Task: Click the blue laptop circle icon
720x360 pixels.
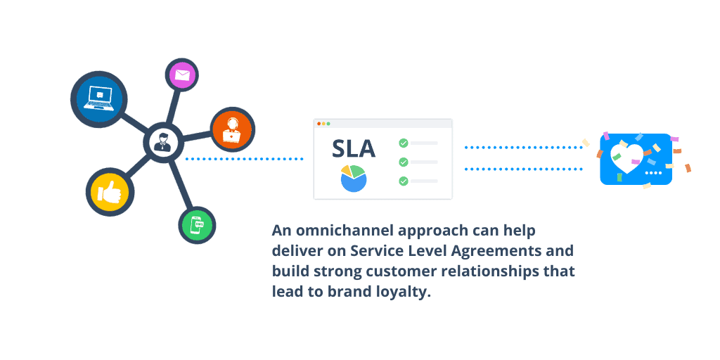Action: [x=98, y=99]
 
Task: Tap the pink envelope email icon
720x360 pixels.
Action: [x=182, y=75]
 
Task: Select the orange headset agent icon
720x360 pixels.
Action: [x=232, y=129]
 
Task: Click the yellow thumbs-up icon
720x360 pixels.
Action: [x=110, y=191]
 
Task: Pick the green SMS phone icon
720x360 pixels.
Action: [x=197, y=226]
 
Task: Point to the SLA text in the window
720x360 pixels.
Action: [x=354, y=149]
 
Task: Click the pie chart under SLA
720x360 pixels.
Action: [x=353, y=179]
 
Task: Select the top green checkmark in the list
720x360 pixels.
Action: [x=404, y=143]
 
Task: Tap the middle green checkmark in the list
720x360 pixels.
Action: [x=404, y=162]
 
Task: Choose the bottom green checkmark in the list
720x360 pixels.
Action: [x=404, y=181]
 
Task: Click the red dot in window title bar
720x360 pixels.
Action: [x=319, y=124]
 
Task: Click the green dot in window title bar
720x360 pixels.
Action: [x=328, y=124]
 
